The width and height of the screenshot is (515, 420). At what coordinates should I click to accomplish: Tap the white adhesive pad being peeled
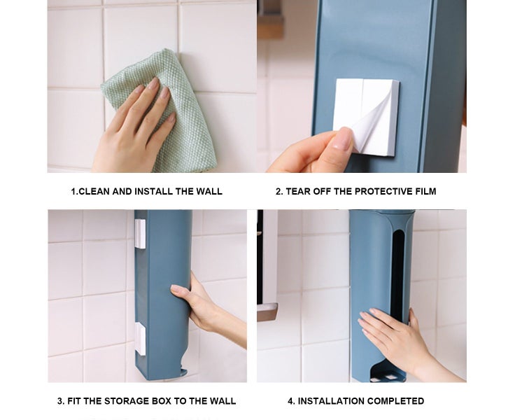pos(366,117)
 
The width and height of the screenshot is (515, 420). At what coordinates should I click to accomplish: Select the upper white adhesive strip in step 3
pos(140,234)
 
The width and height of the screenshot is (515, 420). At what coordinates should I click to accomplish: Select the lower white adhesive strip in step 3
pos(140,339)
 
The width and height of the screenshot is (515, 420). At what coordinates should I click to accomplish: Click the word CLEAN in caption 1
pos(94,191)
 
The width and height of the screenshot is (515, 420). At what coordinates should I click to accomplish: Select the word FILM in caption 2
pos(425,191)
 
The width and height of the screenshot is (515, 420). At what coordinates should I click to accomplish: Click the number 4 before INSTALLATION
pos(291,401)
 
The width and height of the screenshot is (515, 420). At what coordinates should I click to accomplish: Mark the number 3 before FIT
pos(60,401)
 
